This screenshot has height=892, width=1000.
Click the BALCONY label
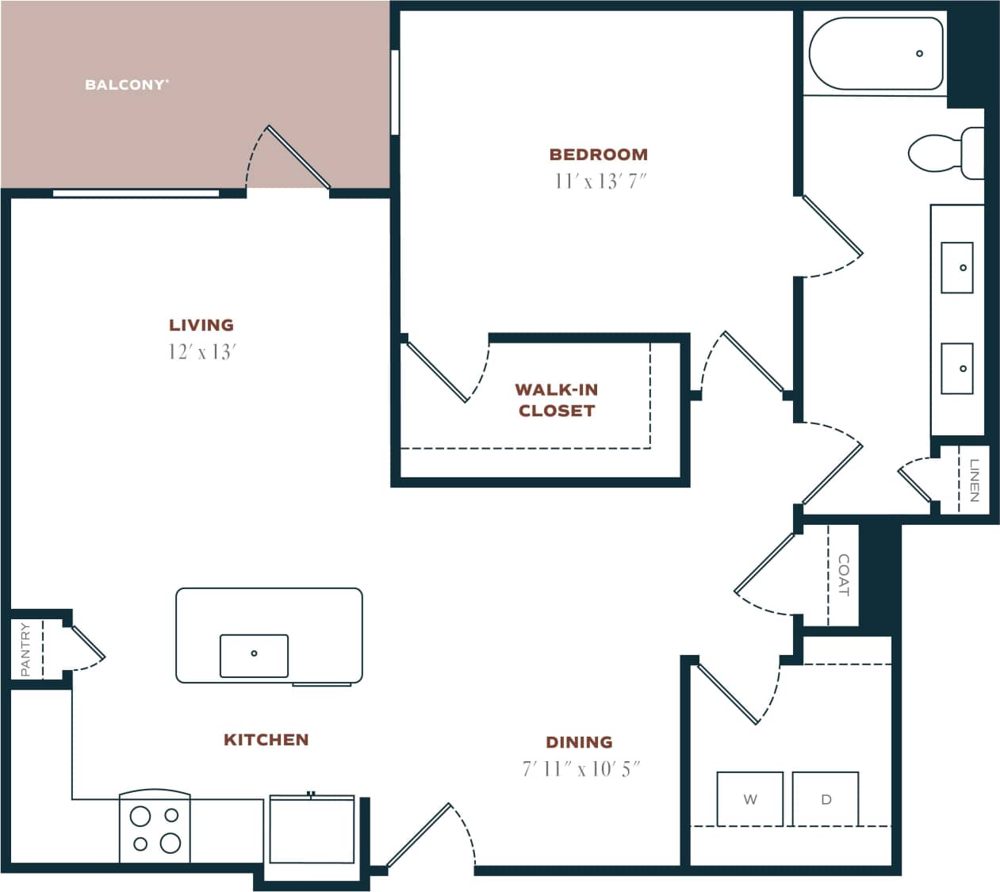(127, 85)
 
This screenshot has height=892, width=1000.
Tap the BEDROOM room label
(599, 155)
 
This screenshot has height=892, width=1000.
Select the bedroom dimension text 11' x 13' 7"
(600, 182)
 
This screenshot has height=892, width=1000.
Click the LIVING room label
(201, 325)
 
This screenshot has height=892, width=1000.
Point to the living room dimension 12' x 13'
(202, 352)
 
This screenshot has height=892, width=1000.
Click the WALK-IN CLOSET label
(556, 400)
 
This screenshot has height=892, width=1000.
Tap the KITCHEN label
(266, 740)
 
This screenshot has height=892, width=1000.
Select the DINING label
(579, 742)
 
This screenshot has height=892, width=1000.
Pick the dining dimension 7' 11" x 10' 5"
(580, 769)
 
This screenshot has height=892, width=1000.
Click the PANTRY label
(25, 649)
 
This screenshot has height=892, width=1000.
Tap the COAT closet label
(843, 575)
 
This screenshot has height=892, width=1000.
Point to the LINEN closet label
(975, 480)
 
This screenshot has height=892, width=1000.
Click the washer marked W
(749, 799)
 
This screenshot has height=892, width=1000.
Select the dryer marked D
(826, 799)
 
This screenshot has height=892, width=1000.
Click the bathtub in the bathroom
(875, 54)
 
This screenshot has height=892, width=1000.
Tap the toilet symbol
(944, 153)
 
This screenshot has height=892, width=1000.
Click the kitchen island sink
(254, 655)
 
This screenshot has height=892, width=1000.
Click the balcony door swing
(289, 159)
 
